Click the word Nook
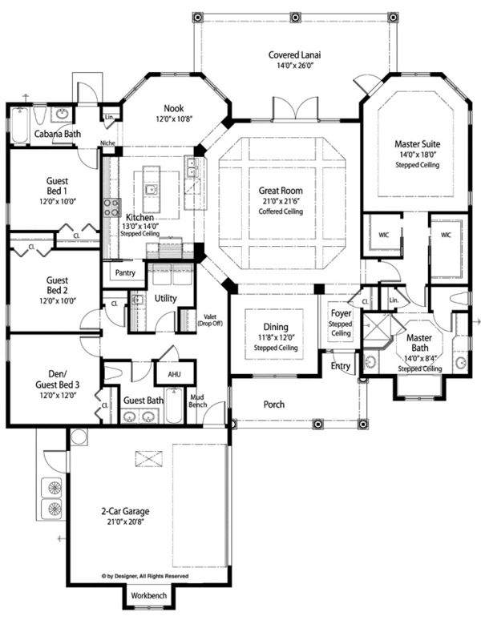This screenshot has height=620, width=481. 175,108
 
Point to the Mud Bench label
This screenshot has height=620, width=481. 198,401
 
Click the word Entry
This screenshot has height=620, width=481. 341,366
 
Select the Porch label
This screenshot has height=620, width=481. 275,404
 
